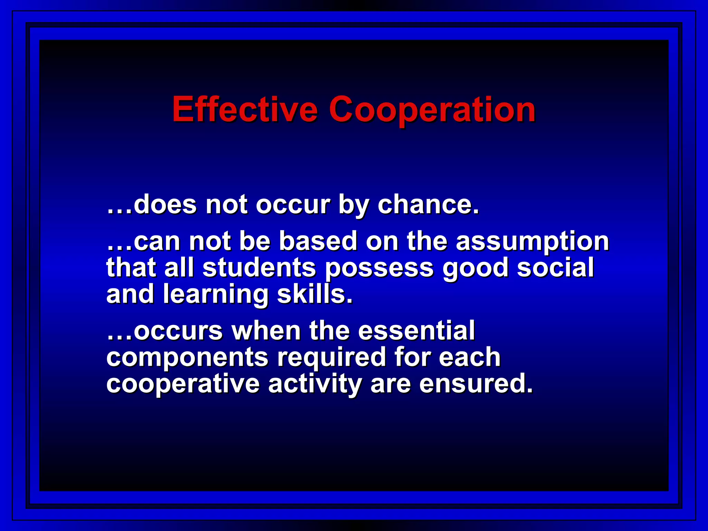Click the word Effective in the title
pos(245,110)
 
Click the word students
pos(259,268)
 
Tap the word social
pos(556,268)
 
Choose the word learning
pos(215,295)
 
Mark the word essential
pos(417,331)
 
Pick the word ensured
pos(476,384)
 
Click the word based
pos(318,241)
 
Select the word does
pos(165,205)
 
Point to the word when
pos(266,331)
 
